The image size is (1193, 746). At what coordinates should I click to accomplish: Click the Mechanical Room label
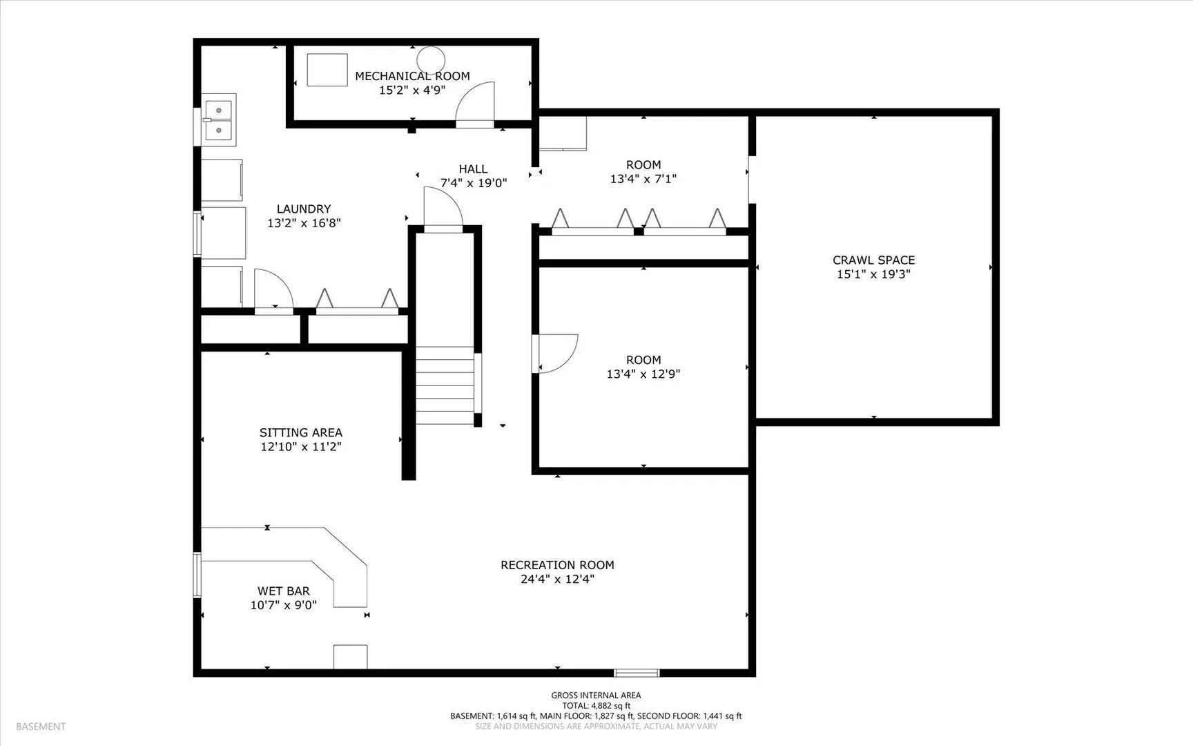412,76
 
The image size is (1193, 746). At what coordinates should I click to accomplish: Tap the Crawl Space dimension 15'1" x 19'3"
873,274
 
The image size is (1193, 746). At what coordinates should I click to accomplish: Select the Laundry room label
304,209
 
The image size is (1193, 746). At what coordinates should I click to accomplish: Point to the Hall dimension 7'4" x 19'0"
474,183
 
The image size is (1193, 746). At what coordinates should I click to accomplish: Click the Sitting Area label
301,432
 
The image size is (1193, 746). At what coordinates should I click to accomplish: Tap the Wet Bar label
284,591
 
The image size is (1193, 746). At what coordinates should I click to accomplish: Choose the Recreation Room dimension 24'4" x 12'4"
557,579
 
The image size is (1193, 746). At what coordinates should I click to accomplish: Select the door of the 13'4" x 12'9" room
554,354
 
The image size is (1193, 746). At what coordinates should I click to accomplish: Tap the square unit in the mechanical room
327,70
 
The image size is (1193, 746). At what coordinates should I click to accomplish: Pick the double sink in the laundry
219,119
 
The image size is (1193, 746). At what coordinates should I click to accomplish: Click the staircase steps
445,385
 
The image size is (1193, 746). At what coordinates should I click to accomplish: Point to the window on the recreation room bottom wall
637,673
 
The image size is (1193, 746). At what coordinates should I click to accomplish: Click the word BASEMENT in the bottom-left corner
41,727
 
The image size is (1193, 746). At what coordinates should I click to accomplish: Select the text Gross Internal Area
596,696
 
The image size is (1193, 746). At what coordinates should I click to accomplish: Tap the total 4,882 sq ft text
596,706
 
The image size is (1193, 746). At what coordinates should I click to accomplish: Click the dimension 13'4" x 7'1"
643,179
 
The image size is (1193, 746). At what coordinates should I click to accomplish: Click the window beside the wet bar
197,575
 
